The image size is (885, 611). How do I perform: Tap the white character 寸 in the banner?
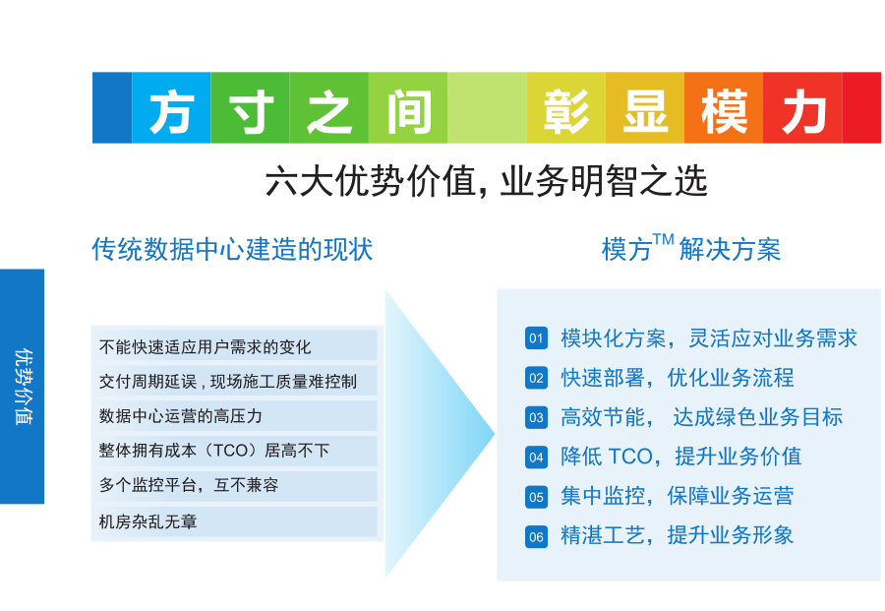tap(252, 112)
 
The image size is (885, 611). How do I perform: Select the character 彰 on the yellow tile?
tap(566, 112)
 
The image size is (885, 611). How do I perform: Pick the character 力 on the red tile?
tap(803, 112)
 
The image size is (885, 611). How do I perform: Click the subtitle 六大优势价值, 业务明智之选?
tap(486, 181)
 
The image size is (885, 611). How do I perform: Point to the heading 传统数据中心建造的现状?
tap(232, 249)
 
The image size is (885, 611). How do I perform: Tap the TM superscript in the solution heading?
tap(663, 240)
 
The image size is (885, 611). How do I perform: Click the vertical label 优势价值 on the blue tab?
tap(24, 387)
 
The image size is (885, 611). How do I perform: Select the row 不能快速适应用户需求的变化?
tap(205, 346)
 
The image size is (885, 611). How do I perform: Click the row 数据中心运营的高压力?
tap(181, 416)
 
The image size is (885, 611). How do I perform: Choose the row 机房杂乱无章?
tap(147, 521)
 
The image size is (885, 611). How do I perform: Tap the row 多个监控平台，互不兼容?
tap(189, 485)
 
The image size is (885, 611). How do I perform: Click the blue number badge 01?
tap(536, 338)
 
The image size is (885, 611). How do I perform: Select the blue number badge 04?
tap(536, 457)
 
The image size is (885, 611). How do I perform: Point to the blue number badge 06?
tap(536, 536)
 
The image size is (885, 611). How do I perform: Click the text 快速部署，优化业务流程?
tap(678, 378)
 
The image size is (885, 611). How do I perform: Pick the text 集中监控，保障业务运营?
tap(678, 496)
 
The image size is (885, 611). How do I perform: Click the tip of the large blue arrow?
tap(495, 434)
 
